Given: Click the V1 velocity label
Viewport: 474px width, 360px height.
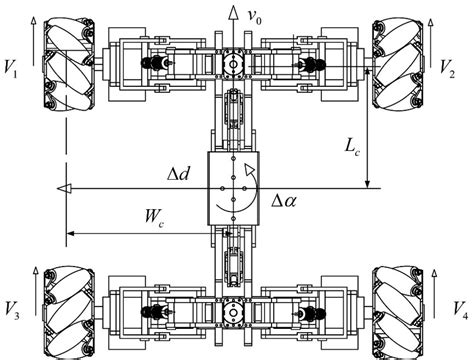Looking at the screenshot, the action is point(10,68).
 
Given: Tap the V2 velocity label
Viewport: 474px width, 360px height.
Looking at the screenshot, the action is point(447,68).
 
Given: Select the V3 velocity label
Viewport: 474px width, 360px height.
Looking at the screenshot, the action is point(12,310).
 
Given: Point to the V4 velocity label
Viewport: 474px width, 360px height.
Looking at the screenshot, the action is point(461,310).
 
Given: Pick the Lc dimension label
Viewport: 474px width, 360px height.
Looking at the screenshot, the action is point(352,147).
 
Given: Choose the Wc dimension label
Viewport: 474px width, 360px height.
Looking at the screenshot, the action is point(154,217).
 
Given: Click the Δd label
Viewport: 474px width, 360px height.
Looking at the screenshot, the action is point(179,174).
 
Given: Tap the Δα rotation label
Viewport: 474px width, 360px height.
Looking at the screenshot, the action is point(283,200).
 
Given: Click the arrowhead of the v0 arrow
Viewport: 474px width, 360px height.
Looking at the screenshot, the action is point(233,13).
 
